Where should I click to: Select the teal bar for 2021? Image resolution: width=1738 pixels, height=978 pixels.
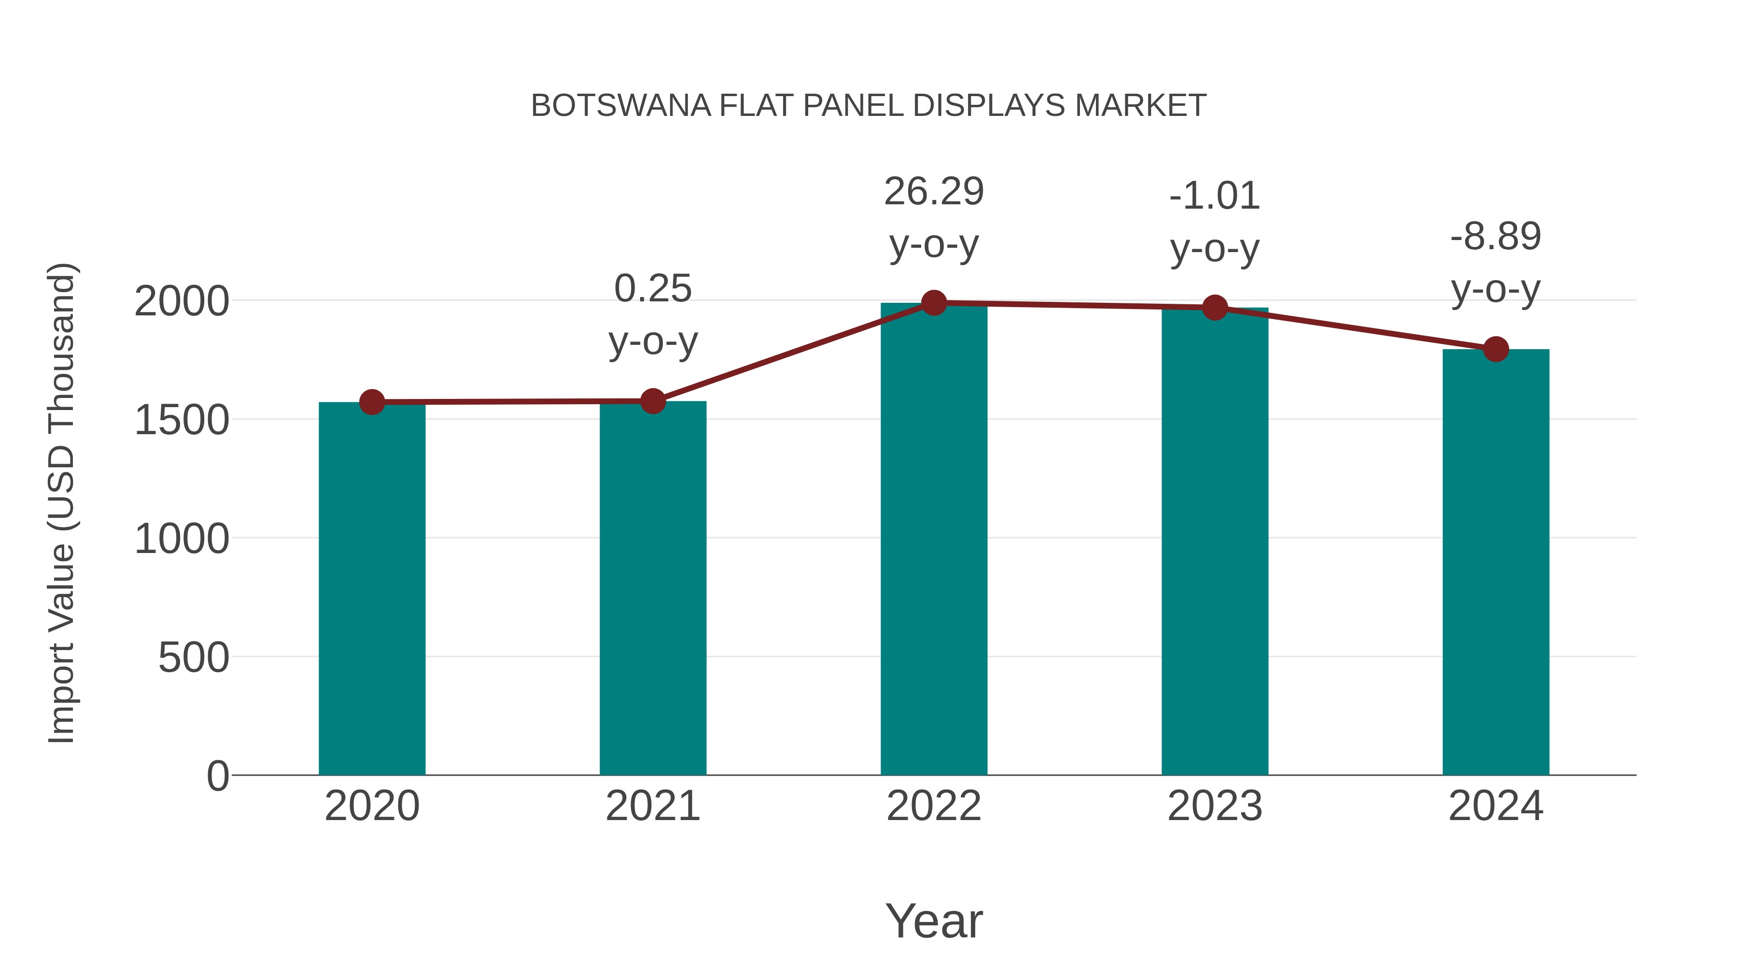click(652, 588)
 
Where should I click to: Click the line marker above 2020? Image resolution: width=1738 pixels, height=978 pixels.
click(372, 402)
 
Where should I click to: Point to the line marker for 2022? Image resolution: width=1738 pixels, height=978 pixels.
click(934, 303)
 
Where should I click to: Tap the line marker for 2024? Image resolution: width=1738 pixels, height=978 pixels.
click(1496, 349)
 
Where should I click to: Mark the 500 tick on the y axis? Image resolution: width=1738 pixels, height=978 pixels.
click(194, 657)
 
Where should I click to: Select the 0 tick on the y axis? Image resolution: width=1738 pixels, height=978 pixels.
click(218, 776)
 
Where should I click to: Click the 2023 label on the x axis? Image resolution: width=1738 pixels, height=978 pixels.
click(1215, 806)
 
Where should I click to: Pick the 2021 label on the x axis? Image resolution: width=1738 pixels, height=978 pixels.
click(652, 806)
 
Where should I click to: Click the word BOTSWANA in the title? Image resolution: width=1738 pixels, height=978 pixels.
click(621, 106)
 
